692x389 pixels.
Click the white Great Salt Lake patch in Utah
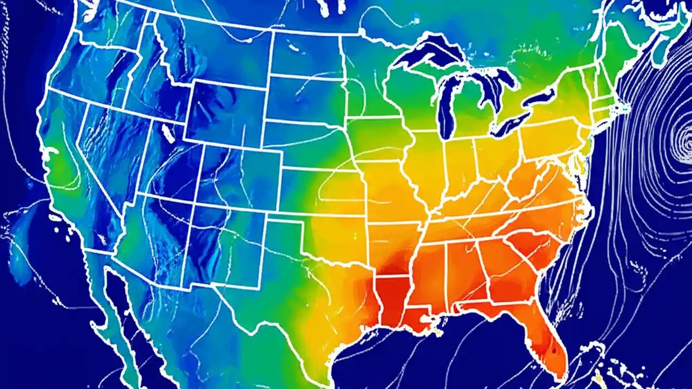168,131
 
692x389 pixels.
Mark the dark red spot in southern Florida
553,351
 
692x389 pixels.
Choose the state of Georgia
508,270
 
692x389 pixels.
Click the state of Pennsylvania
546,138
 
